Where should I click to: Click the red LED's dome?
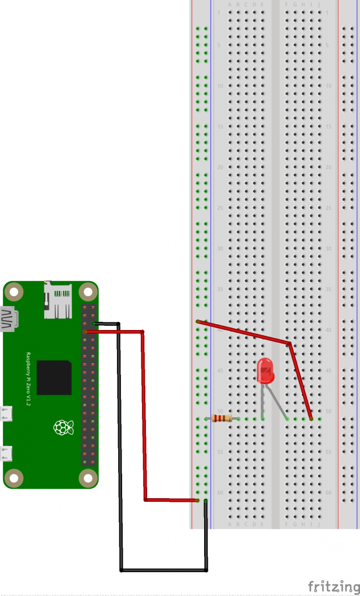tap(265, 370)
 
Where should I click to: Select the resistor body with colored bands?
tap(223, 418)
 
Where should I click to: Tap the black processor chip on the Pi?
tap(54, 377)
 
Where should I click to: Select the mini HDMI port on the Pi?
tap(9, 320)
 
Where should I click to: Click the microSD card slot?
tap(58, 301)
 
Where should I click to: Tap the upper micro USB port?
tap(7, 413)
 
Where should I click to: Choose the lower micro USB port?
tap(7, 453)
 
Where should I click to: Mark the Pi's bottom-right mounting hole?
tap(88, 478)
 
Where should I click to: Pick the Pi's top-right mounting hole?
tap(88, 291)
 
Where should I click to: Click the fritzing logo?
tap(333, 586)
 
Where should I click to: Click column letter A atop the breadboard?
tap(230, 5)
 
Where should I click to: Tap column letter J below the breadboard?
tap(319, 524)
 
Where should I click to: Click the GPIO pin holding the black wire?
tap(93, 323)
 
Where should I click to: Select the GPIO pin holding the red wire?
tap(85, 332)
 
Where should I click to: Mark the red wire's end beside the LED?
tap(311, 418)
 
